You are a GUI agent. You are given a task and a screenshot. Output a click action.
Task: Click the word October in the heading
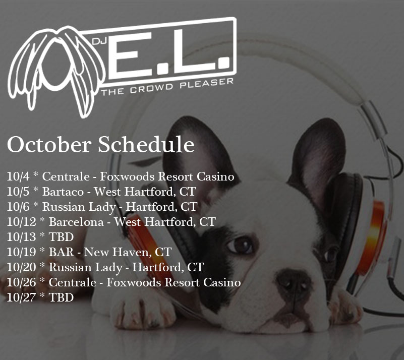point(49,145)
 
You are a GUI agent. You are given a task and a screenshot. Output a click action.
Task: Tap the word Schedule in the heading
point(146,145)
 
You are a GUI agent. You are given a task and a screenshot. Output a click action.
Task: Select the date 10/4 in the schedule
point(18,176)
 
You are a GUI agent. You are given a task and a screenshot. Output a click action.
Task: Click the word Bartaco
point(63,192)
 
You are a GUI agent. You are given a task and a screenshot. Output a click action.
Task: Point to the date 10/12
point(21,222)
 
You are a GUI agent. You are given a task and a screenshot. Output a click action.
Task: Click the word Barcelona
point(76,222)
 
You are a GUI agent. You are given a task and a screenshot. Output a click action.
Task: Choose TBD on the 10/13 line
point(62,237)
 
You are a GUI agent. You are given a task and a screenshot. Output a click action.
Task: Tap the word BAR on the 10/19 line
point(62,252)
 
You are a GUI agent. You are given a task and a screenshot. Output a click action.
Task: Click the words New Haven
point(118,252)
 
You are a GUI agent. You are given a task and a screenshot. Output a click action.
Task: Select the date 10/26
point(21,282)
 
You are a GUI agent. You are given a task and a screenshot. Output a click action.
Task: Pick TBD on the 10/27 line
point(62,297)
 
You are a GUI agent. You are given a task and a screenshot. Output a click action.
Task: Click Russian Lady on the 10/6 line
point(79,207)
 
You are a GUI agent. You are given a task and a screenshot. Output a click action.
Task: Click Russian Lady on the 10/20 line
point(86,268)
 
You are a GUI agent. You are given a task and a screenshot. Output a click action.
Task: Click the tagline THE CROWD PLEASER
point(167,87)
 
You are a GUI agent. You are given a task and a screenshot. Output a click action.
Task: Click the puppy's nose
point(293,281)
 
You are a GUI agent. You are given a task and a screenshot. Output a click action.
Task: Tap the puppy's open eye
point(241,244)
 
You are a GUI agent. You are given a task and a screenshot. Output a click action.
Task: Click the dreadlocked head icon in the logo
point(56,70)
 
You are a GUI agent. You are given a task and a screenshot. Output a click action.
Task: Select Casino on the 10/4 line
point(215,176)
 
